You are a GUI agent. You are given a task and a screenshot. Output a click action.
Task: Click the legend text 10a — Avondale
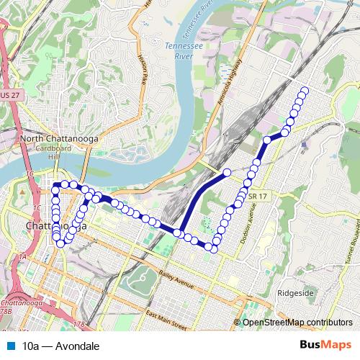click(x=60, y=346)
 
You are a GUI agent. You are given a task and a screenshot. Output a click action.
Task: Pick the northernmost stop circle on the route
click(x=304, y=91)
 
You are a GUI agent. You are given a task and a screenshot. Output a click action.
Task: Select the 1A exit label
click(x=23, y=256)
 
